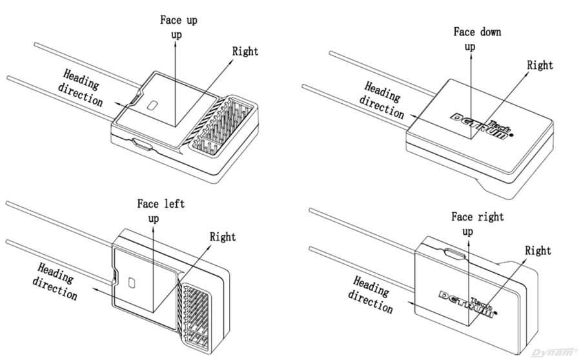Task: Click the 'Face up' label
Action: pyautogui.click(x=179, y=20)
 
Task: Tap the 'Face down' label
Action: pyautogui.click(x=477, y=32)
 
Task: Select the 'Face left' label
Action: pyautogui.click(x=161, y=204)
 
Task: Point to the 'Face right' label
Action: pyautogui.click(x=478, y=217)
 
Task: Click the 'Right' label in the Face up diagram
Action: pyautogui.click(x=245, y=52)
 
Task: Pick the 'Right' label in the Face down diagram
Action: pyautogui.click(x=540, y=65)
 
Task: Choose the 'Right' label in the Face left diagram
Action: pyautogui.click(x=223, y=237)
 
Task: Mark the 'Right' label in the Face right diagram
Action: pyautogui.click(x=538, y=250)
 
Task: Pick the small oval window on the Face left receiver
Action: pyautogui.click(x=132, y=284)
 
